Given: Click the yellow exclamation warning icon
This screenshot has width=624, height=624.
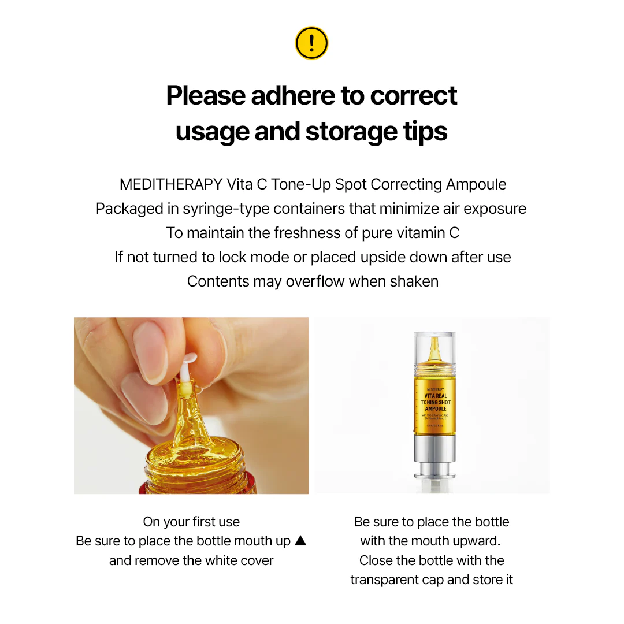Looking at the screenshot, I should coord(311,43).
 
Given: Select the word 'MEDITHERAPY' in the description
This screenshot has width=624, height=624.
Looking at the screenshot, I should coord(170,184).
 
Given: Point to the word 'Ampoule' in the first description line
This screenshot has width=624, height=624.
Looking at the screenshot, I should coord(476,184).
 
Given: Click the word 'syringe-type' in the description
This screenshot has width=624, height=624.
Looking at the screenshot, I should coord(226,209).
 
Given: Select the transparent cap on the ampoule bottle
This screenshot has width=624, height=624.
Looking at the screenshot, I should coord(435,350).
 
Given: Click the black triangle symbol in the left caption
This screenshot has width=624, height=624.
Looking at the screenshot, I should coord(300,541).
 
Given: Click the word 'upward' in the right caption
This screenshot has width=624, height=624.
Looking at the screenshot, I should coord(476,541).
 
